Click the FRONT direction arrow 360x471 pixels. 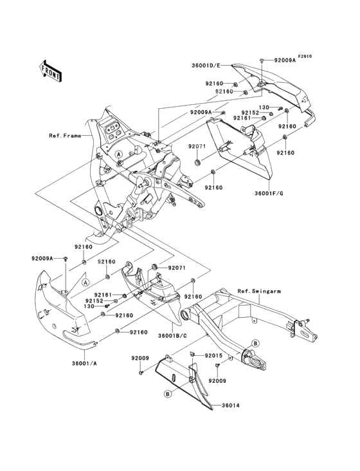[50, 71]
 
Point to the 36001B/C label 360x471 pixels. [172, 336]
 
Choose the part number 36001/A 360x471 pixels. [85, 363]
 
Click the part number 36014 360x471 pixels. [230, 405]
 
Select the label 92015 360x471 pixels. [213, 356]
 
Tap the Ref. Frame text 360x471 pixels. [65, 136]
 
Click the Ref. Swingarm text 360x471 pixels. [259, 291]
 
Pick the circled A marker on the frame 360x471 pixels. [119, 154]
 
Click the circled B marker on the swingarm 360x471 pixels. [255, 343]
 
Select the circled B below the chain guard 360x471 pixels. [168, 394]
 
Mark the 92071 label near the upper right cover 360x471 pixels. [197, 146]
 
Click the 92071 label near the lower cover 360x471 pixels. [177, 268]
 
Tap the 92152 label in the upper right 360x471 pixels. [250, 113]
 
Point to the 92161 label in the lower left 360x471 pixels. [103, 295]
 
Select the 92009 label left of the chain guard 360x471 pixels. [139, 358]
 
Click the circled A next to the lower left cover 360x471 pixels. [85, 282]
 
